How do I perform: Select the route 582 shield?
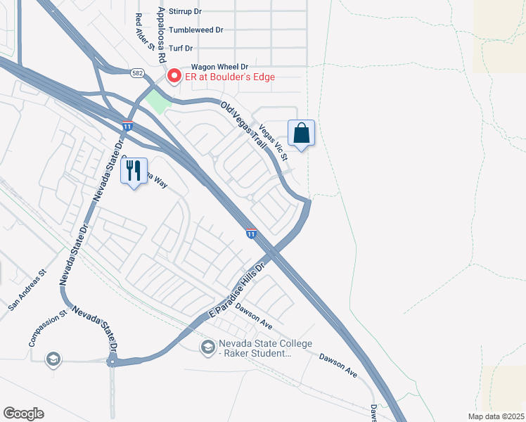click(x=138, y=72)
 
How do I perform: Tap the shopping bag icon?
click(x=301, y=133)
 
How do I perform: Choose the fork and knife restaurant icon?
click(x=134, y=171)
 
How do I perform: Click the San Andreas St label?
click(x=27, y=289)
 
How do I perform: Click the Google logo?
click(x=23, y=413)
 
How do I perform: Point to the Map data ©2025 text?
click(x=495, y=416)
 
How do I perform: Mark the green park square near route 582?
click(x=158, y=102)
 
